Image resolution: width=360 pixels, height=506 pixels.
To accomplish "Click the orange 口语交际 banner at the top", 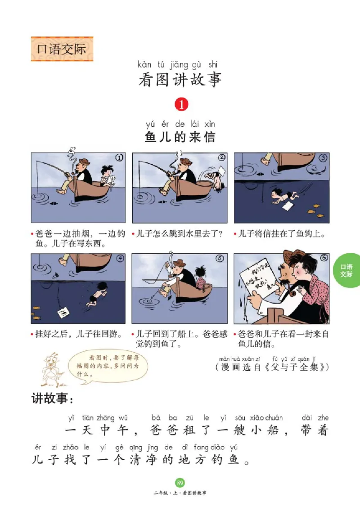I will (x=62, y=49).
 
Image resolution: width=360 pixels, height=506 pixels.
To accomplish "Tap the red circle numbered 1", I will (x=180, y=104).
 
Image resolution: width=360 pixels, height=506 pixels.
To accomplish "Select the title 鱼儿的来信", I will (x=180, y=137).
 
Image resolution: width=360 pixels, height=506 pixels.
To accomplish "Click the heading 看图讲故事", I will (x=180, y=80).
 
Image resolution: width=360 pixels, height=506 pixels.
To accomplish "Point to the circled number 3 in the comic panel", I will (x=323, y=158).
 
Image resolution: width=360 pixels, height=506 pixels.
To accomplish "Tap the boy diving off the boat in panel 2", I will (x=215, y=179).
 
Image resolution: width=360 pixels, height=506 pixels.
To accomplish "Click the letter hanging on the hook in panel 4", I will (x=62, y=311).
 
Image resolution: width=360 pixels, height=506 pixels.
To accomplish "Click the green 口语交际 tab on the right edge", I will (x=346, y=271).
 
